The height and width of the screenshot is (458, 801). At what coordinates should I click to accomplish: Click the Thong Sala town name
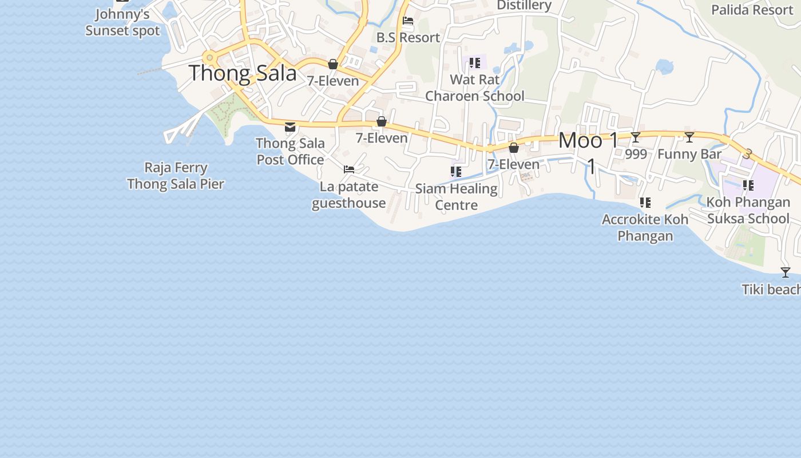tap(243, 73)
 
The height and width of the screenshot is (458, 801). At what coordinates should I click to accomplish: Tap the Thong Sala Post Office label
tap(290, 151)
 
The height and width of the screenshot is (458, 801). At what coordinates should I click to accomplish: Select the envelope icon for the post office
tap(290, 127)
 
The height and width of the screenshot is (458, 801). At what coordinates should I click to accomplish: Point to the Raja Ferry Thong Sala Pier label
tap(176, 176)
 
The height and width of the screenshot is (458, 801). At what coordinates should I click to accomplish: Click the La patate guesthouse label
tap(349, 195)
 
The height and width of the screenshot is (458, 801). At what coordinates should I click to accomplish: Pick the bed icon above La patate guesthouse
tap(349, 169)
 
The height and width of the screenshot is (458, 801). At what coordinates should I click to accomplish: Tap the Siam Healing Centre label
tap(457, 196)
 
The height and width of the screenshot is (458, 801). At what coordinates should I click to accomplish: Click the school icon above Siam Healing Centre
tap(456, 171)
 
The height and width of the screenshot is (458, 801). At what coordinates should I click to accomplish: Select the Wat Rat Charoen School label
tap(475, 88)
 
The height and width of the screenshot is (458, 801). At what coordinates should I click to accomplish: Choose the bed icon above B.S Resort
tap(408, 21)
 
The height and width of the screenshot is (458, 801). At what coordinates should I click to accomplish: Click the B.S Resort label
tap(408, 38)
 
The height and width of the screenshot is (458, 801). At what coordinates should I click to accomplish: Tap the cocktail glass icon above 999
tap(636, 137)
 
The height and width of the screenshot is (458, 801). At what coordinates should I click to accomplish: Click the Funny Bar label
tap(689, 154)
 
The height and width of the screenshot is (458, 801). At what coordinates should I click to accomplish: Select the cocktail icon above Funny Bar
tap(689, 137)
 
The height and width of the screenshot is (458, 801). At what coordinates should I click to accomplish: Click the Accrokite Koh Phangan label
tap(645, 227)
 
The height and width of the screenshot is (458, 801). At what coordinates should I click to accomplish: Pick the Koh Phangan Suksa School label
tap(748, 210)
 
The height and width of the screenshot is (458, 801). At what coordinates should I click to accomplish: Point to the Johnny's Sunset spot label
tap(122, 22)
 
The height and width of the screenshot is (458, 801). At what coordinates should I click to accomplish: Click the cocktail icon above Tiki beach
tap(786, 273)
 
